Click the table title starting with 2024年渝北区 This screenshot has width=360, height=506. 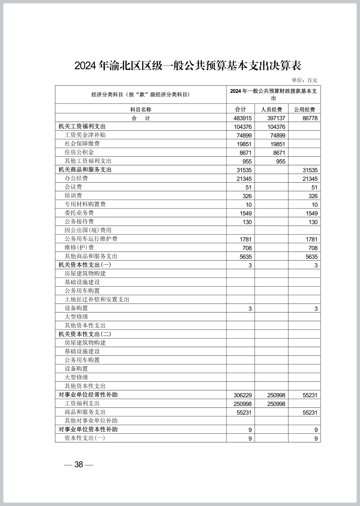tap(187, 66)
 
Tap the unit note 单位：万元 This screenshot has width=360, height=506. tap(304, 80)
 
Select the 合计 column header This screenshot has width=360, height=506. tap(240, 109)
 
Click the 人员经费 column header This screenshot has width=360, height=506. tap(271, 109)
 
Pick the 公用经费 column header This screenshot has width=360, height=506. tap(304, 109)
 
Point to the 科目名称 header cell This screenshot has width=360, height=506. tap(141, 109)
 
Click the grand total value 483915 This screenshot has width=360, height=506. tap(242, 118)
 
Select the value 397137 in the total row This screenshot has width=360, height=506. tap(276, 118)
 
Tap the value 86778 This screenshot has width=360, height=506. tap(310, 118)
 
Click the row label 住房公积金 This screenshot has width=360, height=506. tap(79, 152)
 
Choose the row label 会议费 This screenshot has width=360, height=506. tap(73, 187)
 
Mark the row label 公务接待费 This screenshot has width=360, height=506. tap(79, 222)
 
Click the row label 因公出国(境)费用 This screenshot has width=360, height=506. tap(88, 230)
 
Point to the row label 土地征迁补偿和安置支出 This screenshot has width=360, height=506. tap(97, 300)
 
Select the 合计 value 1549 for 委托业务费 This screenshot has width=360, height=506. tap(246, 213)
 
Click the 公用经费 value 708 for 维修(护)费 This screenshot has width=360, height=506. tap(313, 248)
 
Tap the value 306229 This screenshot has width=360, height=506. tap(242, 395)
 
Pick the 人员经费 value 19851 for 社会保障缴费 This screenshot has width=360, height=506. tap(278, 144)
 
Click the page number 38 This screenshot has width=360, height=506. tap(78, 464)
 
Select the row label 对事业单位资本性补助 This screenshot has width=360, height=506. tap(88, 430)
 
